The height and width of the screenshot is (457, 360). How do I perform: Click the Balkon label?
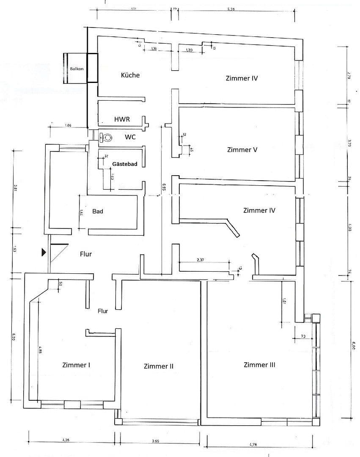[77, 69]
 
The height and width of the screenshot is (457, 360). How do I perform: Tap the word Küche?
[130, 75]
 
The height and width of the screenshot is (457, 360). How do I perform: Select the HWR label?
[122, 120]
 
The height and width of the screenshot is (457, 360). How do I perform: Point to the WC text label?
[130, 138]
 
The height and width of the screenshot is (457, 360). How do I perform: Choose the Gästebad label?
[124, 164]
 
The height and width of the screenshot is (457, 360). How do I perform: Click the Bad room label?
[98, 211]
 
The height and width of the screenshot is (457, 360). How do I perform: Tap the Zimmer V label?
[242, 150]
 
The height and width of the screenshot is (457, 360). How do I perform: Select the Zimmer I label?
[76, 365]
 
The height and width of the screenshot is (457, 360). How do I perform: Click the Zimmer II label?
[158, 366]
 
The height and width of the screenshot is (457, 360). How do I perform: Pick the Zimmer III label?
[259, 365]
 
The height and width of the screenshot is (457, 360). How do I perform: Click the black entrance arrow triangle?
[44, 253]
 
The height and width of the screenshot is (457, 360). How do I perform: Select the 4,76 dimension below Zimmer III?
[253, 444]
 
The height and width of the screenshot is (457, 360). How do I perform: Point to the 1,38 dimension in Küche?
[154, 49]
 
